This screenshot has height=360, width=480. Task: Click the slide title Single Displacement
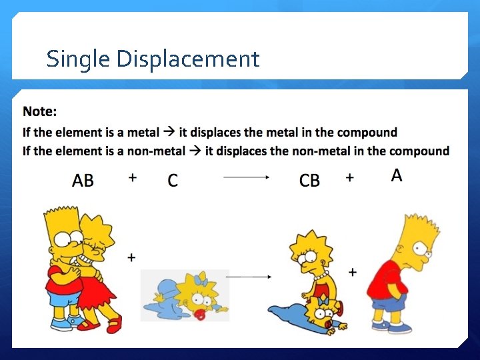(x=153, y=59)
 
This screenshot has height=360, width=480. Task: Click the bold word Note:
(x=40, y=111)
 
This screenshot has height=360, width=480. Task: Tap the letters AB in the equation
(x=83, y=181)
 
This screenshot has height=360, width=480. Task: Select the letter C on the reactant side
(x=173, y=181)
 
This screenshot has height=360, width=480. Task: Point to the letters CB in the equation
(x=309, y=181)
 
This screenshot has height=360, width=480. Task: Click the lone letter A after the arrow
(x=397, y=175)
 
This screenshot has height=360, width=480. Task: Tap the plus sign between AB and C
(x=133, y=177)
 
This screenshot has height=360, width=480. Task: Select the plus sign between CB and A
(x=349, y=177)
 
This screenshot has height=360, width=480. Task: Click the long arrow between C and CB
(x=246, y=177)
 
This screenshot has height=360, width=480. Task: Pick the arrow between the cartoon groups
(x=248, y=275)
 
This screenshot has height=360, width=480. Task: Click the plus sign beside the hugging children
(x=131, y=257)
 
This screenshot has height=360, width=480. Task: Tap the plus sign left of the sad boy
(x=352, y=272)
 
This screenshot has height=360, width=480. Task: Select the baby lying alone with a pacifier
(x=187, y=297)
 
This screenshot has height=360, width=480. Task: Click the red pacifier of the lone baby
(x=199, y=314)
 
